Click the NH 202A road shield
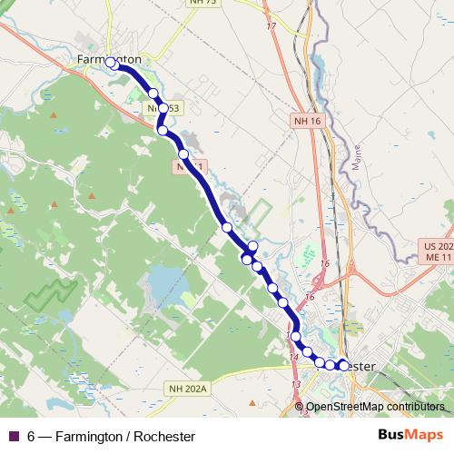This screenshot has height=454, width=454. click(x=188, y=388)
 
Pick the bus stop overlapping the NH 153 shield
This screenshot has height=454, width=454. click(x=163, y=109)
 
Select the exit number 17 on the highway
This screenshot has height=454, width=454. click(x=271, y=25)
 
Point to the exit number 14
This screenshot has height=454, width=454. click(x=294, y=358)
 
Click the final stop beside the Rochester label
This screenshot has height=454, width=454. click(x=342, y=366)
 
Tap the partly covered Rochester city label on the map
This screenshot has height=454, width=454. click(x=359, y=366)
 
